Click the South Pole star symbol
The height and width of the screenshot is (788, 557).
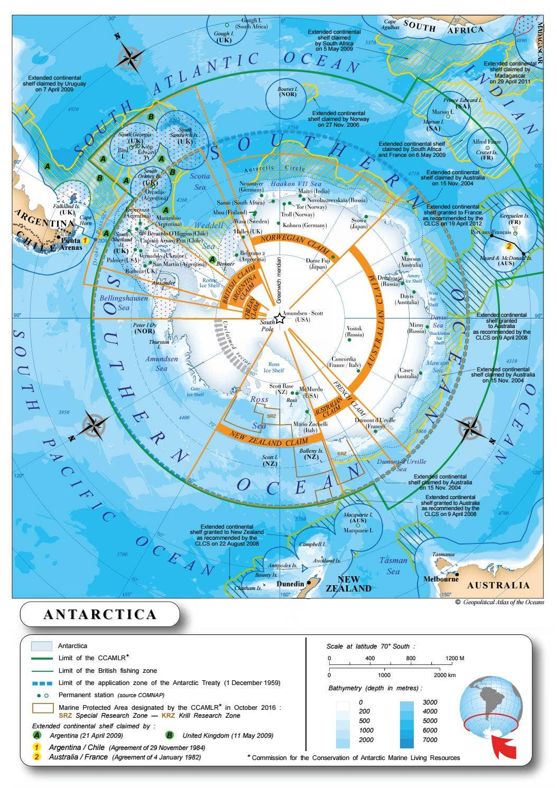(x=280, y=318)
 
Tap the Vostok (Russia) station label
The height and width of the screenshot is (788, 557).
(x=355, y=332)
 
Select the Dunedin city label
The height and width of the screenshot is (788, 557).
(x=290, y=584)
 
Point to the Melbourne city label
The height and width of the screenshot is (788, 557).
(x=440, y=579)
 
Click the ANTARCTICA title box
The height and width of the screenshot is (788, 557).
(x=100, y=614)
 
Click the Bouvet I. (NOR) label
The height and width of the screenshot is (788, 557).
(x=288, y=92)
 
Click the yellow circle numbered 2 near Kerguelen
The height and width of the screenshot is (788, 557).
(x=509, y=246)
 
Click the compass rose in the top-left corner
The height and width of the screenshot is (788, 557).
(x=131, y=55)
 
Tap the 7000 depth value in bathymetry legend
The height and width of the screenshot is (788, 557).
(x=430, y=739)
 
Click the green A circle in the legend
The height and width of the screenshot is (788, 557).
(x=37, y=735)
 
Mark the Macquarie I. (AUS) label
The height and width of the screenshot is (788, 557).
(x=358, y=518)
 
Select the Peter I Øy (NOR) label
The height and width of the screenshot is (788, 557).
(x=144, y=328)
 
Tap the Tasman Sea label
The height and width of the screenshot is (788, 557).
(x=393, y=566)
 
